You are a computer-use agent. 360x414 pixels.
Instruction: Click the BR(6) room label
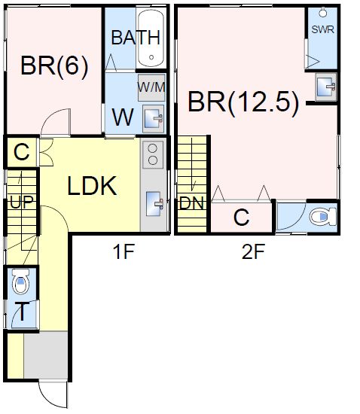54,66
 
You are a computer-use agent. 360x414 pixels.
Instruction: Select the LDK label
92,186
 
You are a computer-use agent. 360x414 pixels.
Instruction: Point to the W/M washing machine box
151,87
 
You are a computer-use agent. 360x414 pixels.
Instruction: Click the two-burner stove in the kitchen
153,155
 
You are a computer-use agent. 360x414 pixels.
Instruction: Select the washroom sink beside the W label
153,119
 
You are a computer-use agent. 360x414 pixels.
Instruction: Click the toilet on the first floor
20,282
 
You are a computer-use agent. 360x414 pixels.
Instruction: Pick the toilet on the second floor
323,217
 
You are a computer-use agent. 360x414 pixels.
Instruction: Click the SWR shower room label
323,29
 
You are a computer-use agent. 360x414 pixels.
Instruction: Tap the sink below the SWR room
326,87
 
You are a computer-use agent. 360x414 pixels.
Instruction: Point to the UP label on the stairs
22,202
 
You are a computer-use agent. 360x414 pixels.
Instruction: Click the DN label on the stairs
192,203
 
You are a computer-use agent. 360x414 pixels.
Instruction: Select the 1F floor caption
124,252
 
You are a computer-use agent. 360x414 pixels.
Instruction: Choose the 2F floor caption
253,252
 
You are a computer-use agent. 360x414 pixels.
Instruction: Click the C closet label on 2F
242,218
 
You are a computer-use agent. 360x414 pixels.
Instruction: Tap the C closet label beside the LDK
22,152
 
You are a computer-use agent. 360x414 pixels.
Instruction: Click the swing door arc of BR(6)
50,116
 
